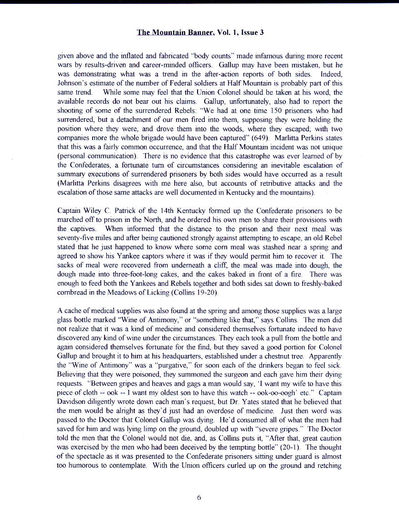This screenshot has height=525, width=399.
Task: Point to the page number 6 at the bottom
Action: click(x=199, y=497)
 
